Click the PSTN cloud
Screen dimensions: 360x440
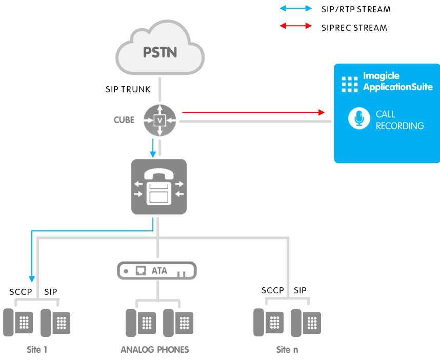click(160, 51)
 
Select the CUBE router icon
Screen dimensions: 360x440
click(159, 120)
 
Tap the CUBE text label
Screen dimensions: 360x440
click(124, 120)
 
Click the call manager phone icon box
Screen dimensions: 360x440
click(159, 187)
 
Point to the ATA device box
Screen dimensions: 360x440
click(157, 270)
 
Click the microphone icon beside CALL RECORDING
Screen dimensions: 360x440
click(359, 118)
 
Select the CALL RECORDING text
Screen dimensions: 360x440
click(399, 120)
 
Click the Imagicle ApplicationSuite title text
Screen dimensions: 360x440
click(397, 81)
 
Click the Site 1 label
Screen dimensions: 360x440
click(37, 350)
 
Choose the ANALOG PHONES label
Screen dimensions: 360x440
click(155, 350)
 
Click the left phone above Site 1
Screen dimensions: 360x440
click(18, 322)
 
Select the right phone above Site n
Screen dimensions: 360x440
click(306, 322)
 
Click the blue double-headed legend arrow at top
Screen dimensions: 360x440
click(295, 8)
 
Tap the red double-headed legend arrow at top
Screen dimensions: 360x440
click(295, 26)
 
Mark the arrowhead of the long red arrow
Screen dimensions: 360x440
click(322, 112)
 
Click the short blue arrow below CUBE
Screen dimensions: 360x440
click(152, 148)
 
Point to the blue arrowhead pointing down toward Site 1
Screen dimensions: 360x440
click(32, 279)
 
